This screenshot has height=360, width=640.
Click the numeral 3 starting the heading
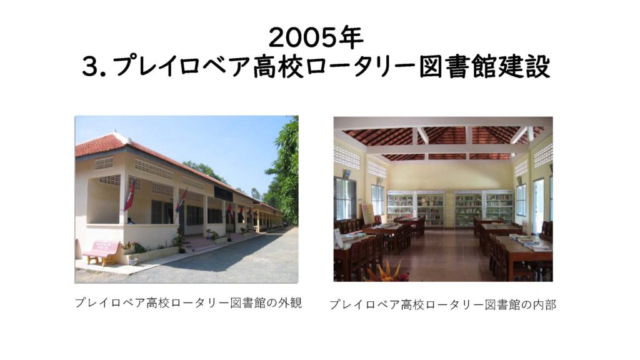tap(90, 66)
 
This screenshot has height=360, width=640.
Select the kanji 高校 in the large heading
tap(279, 66)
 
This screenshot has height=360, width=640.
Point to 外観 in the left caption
tap(290, 303)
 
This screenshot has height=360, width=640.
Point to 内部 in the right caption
tap(544, 304)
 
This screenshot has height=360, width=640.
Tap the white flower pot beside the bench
tap(133, 260)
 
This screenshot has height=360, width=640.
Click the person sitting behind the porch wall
tap(131, 221)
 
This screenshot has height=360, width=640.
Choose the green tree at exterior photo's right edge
tap(284, 171)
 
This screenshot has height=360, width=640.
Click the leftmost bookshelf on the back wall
tap(401, 209)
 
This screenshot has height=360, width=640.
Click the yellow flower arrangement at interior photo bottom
tap(384, 272)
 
